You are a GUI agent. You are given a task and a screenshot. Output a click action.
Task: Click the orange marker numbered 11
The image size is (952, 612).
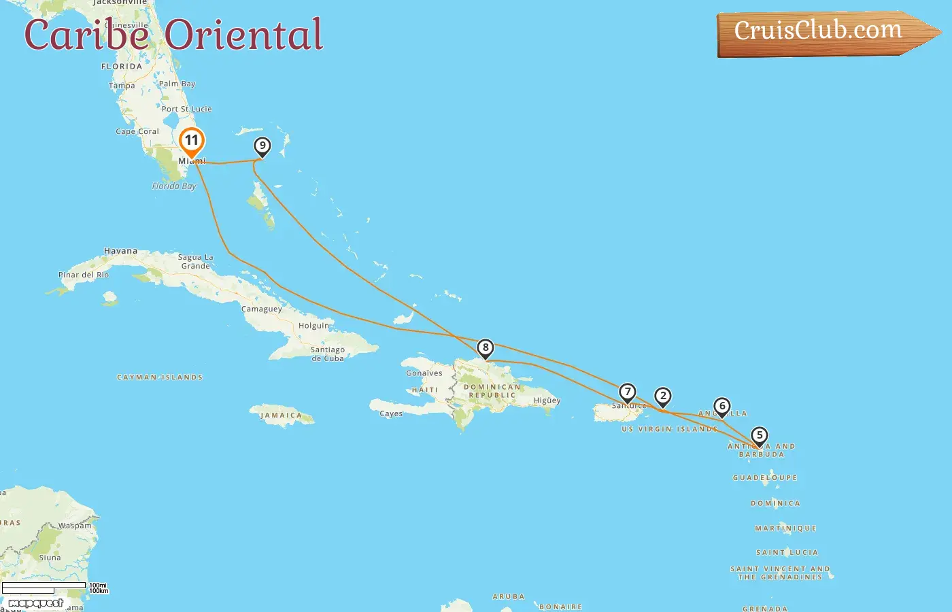[192, 141]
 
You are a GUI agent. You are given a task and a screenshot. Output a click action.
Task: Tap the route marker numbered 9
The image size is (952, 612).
[262, 146]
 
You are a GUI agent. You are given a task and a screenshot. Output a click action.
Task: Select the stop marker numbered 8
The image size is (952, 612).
[485, 348]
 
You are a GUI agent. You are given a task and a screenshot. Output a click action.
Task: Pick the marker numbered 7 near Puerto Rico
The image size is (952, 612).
[627, 392]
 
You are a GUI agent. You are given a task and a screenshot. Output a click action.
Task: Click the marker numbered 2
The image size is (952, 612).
[663, 396]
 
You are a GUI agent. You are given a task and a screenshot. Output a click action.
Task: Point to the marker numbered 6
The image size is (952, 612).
[722, 407]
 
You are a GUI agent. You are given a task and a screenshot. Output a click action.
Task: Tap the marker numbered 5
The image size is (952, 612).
[759, 436]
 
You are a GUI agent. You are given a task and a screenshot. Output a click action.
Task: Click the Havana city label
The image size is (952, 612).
[120, 251]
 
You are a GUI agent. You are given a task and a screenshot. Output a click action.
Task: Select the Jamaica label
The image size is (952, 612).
[281, 415]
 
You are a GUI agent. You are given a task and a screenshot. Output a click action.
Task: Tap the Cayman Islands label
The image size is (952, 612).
[160, 377]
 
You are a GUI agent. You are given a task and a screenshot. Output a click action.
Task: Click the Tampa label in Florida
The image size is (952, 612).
[122, 86]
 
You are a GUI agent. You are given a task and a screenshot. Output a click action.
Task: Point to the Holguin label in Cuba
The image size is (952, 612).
[313, 326]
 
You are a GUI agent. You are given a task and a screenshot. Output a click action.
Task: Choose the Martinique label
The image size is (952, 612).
[785, 528]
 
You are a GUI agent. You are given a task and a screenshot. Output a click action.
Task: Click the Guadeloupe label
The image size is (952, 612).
[764, 478]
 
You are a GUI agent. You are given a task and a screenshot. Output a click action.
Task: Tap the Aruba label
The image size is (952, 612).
[509, 597]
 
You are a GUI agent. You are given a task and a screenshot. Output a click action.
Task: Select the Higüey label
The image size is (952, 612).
[547, 401]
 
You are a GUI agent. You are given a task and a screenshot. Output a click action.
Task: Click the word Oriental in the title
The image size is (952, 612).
[244, 35]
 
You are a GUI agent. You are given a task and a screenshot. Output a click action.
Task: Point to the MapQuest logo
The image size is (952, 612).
[35, 603]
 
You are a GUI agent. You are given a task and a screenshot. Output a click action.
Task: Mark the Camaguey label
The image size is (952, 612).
[262, 309]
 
